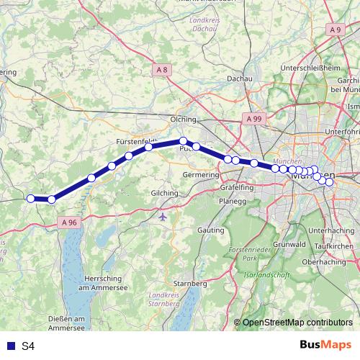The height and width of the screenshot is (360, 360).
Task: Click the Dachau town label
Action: coord(239,78)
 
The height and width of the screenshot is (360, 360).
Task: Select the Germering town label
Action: coord(201,175)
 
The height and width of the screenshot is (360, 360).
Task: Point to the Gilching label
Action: coord(164,194)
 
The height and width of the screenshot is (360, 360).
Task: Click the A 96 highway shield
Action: coord(69,223)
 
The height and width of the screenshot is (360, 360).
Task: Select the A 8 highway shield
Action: coord(163,69)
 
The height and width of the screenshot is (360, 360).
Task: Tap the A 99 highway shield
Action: coord(253,117)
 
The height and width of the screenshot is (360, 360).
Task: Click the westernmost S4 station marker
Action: coord(30,199)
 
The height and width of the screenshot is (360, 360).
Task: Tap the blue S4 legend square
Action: coord(11,346)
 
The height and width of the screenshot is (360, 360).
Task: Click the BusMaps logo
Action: coord(325,346)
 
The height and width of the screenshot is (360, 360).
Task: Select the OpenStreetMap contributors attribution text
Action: coord(297,323)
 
